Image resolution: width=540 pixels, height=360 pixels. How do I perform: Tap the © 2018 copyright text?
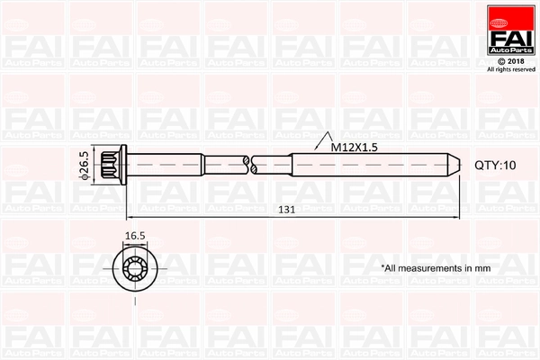tap(509, 61)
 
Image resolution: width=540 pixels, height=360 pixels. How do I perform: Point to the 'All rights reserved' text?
tap(510, 69)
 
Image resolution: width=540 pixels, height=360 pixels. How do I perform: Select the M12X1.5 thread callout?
tap(354, 147)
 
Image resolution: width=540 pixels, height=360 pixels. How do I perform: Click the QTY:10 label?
tap(495, 166)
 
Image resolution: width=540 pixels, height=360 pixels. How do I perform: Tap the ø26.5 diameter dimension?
tap(85, 166)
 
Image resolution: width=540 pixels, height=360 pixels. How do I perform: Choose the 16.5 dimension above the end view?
tap(135, 236)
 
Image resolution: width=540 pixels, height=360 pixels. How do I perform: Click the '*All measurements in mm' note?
tap(435, 268)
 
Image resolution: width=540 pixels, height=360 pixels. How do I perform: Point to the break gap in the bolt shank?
tap(250, 166)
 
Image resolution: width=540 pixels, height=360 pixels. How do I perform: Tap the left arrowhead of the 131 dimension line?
tap(130, 217)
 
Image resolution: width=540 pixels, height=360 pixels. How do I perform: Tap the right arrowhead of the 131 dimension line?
tap(456, 217)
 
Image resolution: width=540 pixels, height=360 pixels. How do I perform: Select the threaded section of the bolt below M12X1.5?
tap(369, 166)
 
